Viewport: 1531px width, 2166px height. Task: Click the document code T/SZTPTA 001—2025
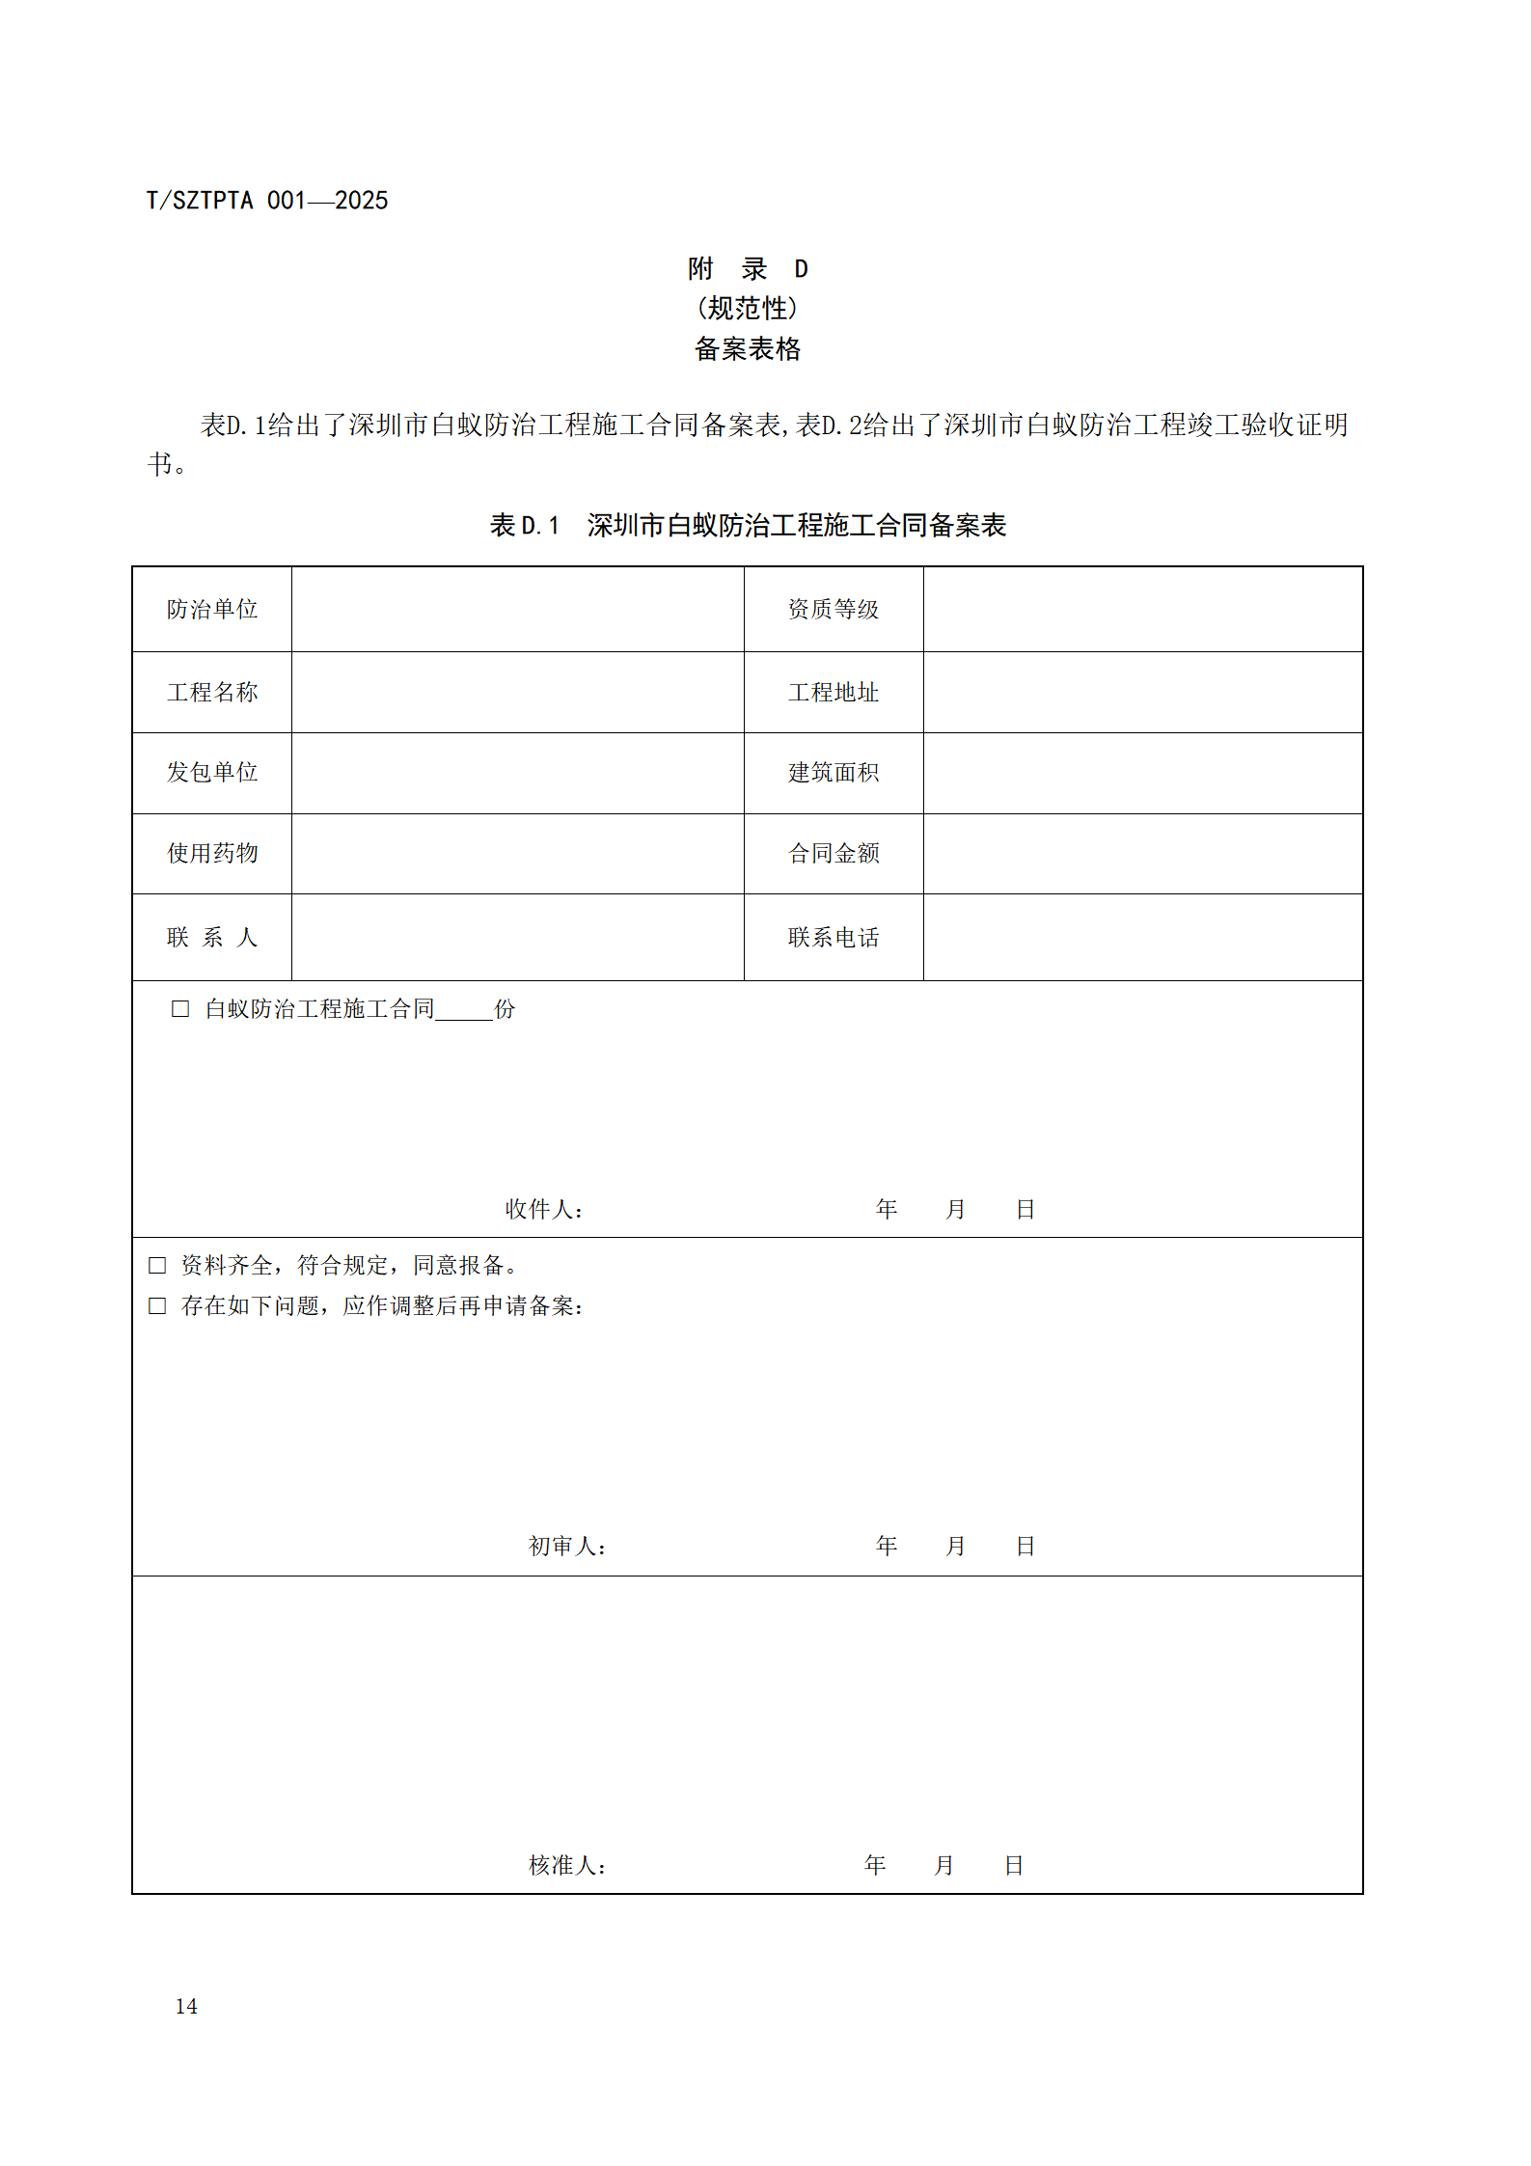tap(266, 201)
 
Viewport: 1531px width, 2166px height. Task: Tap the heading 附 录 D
tap(747, 268)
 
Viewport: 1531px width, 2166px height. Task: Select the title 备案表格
tap(747, 348)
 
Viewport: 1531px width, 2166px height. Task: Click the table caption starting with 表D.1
tap(747, 525)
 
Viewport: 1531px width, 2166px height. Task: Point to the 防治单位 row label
tap(212, 609)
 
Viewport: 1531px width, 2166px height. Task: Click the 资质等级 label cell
tap(833, 609)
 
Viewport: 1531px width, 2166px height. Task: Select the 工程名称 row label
tap(212, 692)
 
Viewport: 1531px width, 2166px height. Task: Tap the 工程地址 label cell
tap(833, 692)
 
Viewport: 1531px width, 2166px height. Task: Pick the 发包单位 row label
tap(212, 772)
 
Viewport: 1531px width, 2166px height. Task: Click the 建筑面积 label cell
tap(833, 772)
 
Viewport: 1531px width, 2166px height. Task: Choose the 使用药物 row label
tap(212, 853)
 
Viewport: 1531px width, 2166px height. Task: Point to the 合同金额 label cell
tap(833, 853)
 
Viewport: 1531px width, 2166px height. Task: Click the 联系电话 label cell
tap(833, 937)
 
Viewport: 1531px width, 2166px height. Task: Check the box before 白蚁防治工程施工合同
tap(180, 1008)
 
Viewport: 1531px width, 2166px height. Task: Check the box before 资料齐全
tap(157, 1265)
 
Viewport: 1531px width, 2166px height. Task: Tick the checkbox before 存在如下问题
tap(157, 1305)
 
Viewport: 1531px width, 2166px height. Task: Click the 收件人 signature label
tap(544, 1209)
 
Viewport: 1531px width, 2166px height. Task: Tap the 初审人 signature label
tap(567, 1546)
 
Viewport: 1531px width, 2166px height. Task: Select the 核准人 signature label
tap(567, 1865)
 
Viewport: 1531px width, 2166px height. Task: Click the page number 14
tap(186, 2006)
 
